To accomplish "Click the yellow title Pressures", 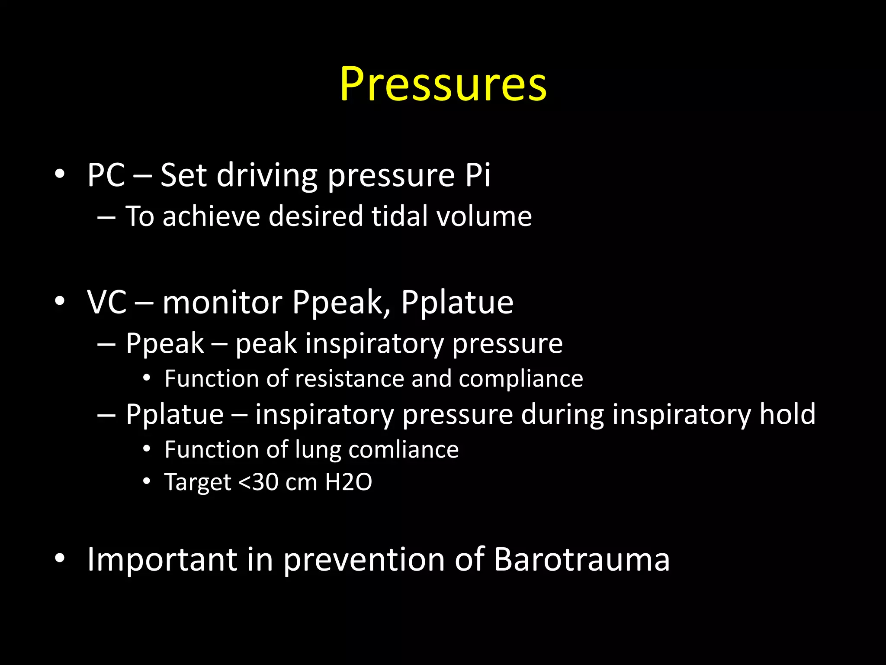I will [x=443, y=84].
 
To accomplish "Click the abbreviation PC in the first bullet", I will [x=106, y=175].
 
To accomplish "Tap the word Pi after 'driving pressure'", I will [x=478, y=175].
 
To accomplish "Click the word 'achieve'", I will [x=211, y=216].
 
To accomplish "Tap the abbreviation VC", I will [x=107, y=302].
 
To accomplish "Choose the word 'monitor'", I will [x=222, y=302].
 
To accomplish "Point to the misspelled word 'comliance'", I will [x=403, y=449].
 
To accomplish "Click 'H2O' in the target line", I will [x=348, y=482].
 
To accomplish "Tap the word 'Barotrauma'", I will [x=581, y=559].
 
